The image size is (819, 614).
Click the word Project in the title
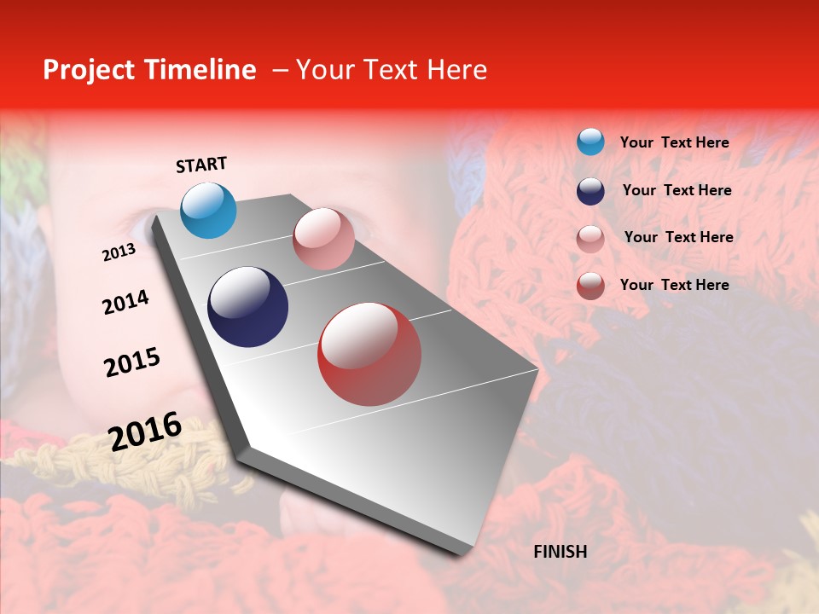point(88,70)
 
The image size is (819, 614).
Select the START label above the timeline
point(201,165)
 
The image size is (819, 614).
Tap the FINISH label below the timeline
point(561,552)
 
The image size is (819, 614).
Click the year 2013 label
point(119,252)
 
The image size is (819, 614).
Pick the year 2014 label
point(125,302)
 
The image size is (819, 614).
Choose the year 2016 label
point(145,432)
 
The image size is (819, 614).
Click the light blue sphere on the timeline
point(209,210)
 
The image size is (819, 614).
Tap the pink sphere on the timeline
point(323,239)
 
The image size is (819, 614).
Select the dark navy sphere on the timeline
point(248,307)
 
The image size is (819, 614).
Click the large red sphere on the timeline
point(369,354)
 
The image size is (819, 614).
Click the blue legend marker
point(590,142)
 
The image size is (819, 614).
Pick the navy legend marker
point(590,191)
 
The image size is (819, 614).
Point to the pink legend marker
point(590,239)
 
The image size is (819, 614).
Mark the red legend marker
point(590,286)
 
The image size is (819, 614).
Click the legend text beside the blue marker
point(675,142)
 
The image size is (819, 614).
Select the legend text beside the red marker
point(675,285)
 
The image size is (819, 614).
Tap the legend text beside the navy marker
point(677,190)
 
